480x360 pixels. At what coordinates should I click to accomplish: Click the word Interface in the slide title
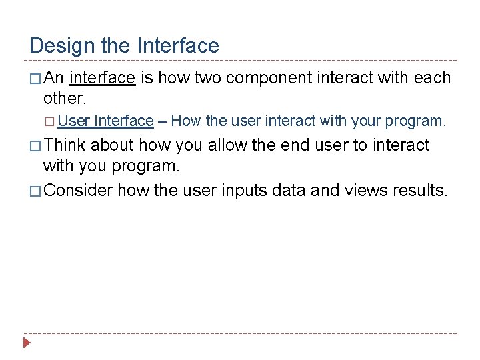click(x=177, y=45)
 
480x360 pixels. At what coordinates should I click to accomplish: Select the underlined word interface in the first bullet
click(x=102, y=78)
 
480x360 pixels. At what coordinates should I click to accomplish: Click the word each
click(x=432, y=78)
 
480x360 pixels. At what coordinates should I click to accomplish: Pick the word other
click(x=63, y=98)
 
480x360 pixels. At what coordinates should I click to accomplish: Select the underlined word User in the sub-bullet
click(x=73, y=121)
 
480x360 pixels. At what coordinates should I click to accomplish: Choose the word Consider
click(x=79, y=190)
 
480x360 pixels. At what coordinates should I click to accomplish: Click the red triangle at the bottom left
click(x=27, y=344)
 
